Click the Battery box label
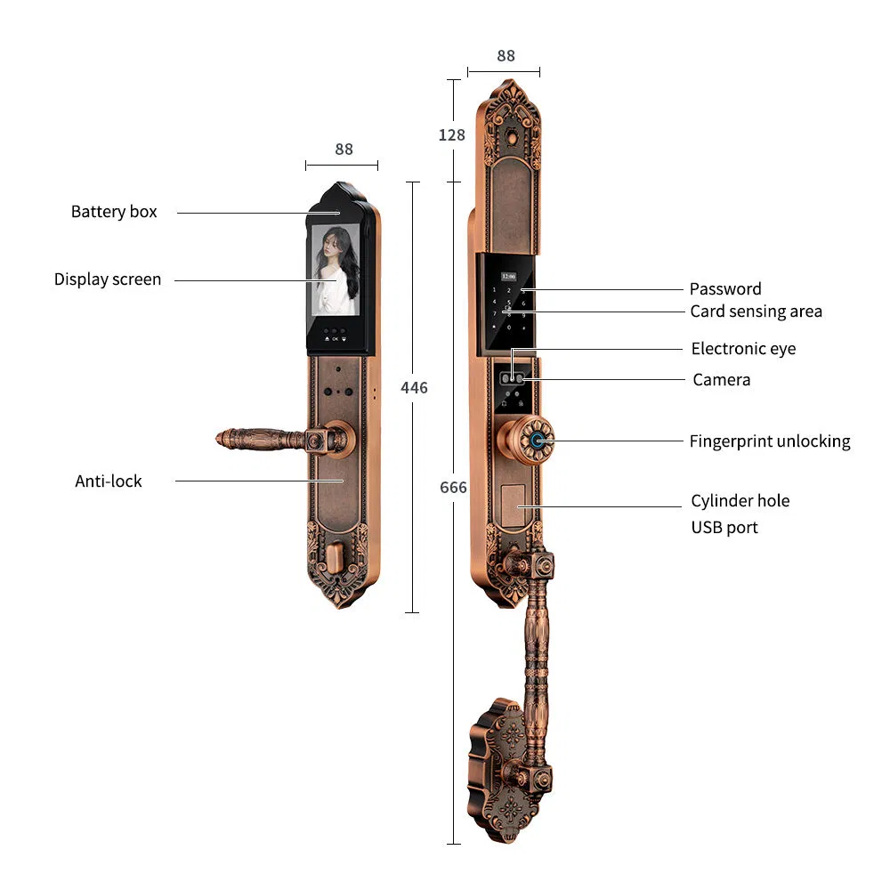pos(114,212)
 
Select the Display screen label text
pos(108,279)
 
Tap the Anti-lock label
pos(109,481)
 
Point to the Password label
pos(725,289)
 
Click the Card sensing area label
pos(756,311)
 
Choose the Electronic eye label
pos(743,349)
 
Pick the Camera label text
pos(721,380)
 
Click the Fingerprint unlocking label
pos(769,441)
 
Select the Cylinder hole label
pos(740,501)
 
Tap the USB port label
pos(724,528)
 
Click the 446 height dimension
pos(414,388)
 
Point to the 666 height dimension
pos(453,488)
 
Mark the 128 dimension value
pos(452,135)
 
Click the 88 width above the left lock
pos(344,150)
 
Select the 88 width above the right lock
pos(506,56)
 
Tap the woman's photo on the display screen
pos(336,272)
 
